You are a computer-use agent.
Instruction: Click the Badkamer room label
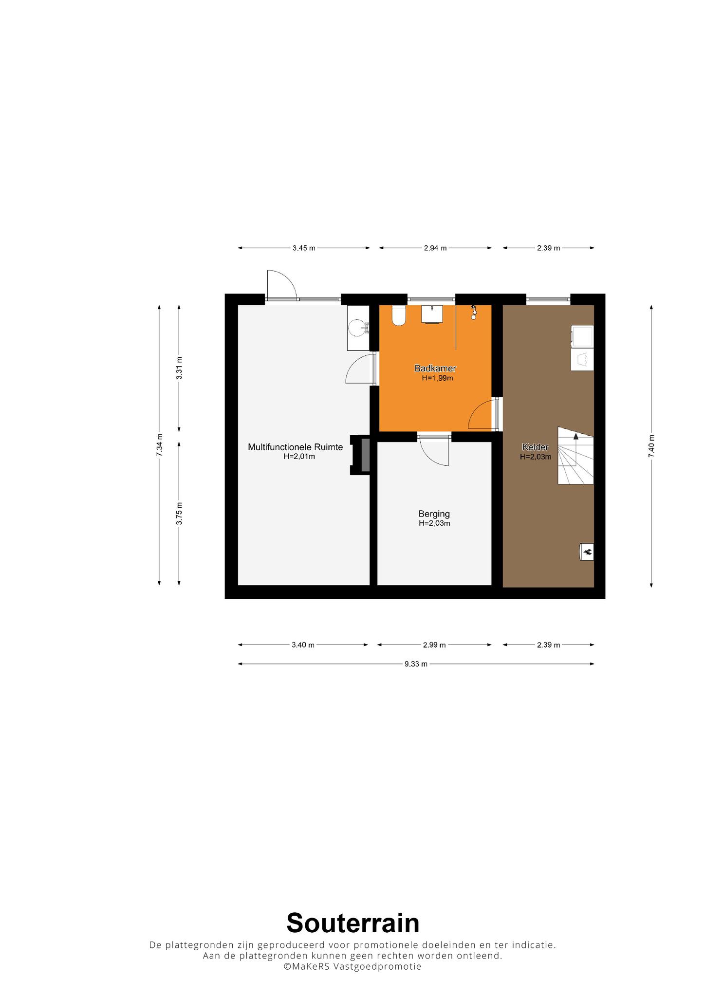[x=435, y=368]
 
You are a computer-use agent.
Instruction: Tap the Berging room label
[x=434, y=514]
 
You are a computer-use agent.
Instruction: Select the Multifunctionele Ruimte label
[x=296, y=447]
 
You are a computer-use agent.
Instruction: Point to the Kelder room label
[x=536, y=447]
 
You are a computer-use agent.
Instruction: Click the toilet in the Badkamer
[x=399, y=316]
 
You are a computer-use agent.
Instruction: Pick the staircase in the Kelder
[x=576, y=456]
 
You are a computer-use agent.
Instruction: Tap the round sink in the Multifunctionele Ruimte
[x=360, y=328]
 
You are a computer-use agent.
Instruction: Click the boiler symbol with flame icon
[x=587, y=552]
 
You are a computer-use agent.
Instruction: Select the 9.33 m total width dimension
[x=416, y=664]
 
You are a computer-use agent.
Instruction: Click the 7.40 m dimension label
[x=651, y=445]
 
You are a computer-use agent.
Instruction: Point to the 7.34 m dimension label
[x=159, y=444]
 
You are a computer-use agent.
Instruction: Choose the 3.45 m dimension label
[x=304, y=248]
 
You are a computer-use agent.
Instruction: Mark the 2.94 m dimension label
[x=435, y=248]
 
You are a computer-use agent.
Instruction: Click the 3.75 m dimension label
[x=179, y=513]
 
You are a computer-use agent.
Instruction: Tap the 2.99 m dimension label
[x=434, y=645]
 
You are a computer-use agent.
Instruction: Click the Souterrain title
[x=352, y=922]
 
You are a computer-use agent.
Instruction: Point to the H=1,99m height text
[x=437, y=378]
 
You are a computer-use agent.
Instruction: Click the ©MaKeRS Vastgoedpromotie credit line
[x=352, y=966]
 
